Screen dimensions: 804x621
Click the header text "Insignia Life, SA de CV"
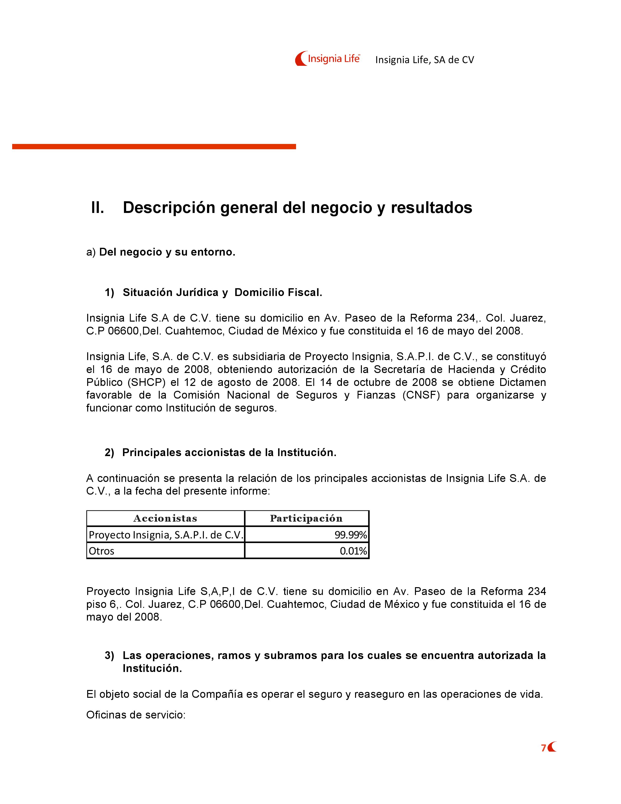(424, 60)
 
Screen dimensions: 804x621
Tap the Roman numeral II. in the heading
(97, 208)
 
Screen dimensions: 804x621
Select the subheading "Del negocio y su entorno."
(167, 252)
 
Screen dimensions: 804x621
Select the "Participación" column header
(306, 518)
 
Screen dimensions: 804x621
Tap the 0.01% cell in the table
(353, 551)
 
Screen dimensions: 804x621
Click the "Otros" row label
(102, 551)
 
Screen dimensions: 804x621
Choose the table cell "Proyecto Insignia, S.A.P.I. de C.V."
(166, 535)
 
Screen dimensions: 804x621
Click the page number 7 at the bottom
(543, 748)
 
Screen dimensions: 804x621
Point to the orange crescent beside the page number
(552, 747)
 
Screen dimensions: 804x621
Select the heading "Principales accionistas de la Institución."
(229, 452)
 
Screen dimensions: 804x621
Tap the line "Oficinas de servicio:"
(136, 715)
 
